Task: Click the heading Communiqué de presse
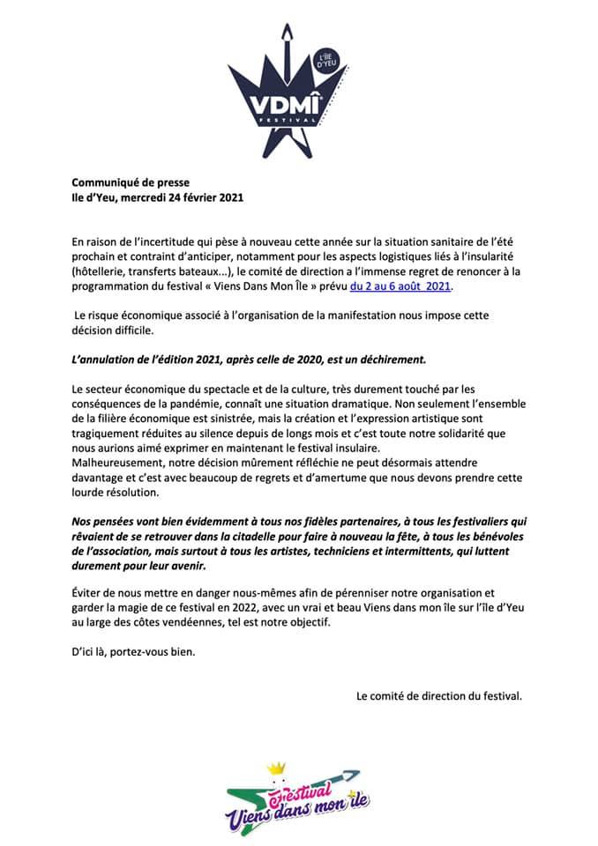pos(131,183)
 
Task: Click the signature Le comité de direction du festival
pos(439,695)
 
